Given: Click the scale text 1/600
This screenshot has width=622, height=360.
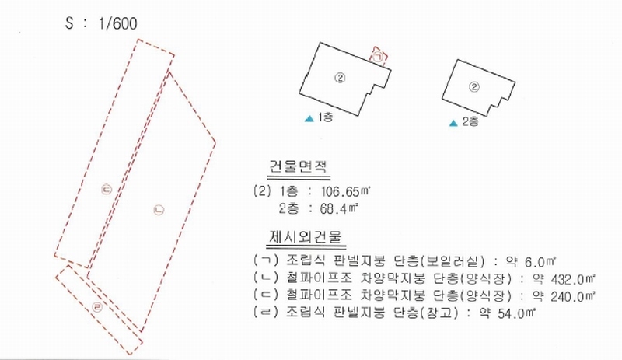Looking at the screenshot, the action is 117,23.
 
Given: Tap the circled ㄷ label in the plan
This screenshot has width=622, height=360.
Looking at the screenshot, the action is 107,189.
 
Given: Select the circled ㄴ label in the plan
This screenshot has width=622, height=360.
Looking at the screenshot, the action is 159,210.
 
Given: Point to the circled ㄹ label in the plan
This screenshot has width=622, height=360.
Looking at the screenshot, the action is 97,307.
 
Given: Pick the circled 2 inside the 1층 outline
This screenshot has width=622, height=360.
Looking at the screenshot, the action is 340,78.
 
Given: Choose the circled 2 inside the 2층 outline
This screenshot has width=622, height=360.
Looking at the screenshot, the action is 474,87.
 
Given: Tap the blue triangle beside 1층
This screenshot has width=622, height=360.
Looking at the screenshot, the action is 309,118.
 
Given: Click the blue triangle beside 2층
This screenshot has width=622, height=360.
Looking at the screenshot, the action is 453,123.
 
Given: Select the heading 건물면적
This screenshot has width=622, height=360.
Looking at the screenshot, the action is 299,166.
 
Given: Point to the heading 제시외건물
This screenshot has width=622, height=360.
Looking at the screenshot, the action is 306,237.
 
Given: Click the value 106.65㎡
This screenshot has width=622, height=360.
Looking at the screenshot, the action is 345,192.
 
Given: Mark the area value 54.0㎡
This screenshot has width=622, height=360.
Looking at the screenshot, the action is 517,313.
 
